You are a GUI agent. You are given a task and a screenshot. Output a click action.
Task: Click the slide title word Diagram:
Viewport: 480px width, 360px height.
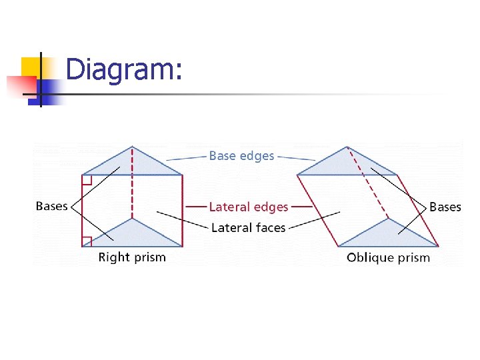coord(124,70)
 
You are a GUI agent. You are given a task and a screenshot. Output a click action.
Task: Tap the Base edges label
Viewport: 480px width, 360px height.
coord(241,156)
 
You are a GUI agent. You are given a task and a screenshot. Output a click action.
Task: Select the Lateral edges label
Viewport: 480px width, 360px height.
coord(249,207)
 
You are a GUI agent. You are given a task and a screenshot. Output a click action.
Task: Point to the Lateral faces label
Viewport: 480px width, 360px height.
coord(248,228)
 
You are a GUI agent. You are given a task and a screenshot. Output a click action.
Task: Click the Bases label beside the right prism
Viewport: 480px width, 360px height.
coord(52,206)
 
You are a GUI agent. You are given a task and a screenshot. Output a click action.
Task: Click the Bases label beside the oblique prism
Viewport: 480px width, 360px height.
coord(445,207)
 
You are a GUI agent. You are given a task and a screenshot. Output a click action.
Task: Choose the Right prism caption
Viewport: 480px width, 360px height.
coord(132,257)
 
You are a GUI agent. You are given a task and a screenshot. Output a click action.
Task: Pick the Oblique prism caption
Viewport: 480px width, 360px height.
coord(388,257)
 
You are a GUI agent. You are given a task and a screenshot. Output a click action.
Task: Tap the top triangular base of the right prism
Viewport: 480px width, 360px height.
coord(133,164)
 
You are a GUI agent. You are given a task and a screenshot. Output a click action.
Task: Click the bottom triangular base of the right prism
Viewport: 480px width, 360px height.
coord(133,234)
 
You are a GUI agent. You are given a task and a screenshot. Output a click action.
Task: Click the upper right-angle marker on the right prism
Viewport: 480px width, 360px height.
coord(87,179)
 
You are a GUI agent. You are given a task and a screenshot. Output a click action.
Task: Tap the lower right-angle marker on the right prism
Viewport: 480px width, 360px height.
coord(87,241)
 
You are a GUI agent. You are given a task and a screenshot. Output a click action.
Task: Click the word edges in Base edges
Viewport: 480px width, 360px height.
coord(257,156)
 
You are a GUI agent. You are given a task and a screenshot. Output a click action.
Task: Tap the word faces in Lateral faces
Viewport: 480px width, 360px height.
coord(269,228)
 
